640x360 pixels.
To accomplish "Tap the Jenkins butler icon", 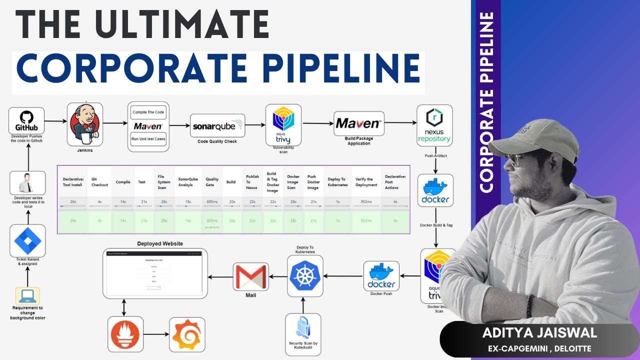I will (x=84, y=123).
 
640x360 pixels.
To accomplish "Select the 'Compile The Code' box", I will (x=148, y=111).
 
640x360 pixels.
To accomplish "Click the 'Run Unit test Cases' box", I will (x=148, y=139).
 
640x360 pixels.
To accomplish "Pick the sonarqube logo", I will (x=217, y=126).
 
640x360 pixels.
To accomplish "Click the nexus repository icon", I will (x=434, y=125).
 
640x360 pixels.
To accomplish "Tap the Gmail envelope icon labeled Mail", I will (x=251, y=276).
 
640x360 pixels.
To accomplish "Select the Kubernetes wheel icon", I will (x=305, y=276).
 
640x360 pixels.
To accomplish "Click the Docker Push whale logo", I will (x=381, y=275).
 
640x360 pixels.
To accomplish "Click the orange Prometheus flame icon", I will (x=126, y=334).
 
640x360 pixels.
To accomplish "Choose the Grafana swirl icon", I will (x=187, y=334).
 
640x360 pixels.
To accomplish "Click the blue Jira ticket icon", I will (x=27, y=240).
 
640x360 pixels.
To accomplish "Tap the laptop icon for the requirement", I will (x=27, y=296).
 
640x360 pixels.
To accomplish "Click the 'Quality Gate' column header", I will (x=212, y=182).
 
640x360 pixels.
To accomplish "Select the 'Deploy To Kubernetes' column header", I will (x=336, y=182).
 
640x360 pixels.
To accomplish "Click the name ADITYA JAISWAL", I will (x=539, y=332).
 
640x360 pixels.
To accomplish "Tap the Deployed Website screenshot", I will (x=154, y=273).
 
